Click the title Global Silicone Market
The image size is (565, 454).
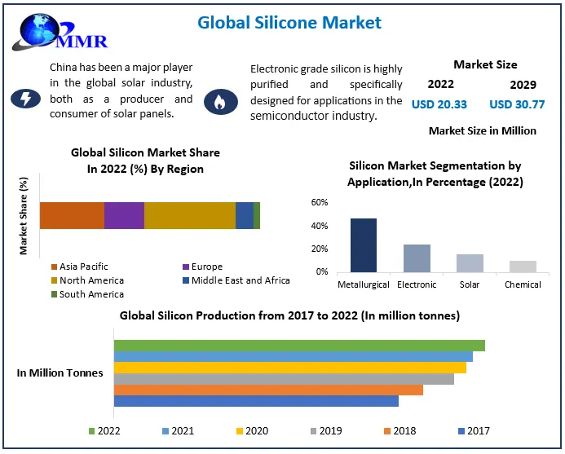(x=289, y=23)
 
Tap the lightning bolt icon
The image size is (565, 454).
(x=25, y=99)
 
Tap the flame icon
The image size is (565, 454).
(x=219, y=101)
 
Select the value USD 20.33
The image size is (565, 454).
(x=439, y=104)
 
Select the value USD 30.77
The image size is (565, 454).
(x=517, y=104)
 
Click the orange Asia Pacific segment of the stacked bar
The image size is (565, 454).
(x=72, y=215)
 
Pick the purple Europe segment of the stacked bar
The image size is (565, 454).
(x=124, y=215)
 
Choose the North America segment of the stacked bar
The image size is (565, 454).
(x=189, y=215)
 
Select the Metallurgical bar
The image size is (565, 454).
(x=364, y=245)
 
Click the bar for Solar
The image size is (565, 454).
(x=470, y=262)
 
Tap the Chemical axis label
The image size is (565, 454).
(x=523, y=284)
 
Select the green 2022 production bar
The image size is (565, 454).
(x=298, y=346)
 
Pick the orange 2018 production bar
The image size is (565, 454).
(x=268, y=390)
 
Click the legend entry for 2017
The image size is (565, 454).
(x=474, y=430)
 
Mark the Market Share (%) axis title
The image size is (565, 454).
(x=24, y=215)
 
